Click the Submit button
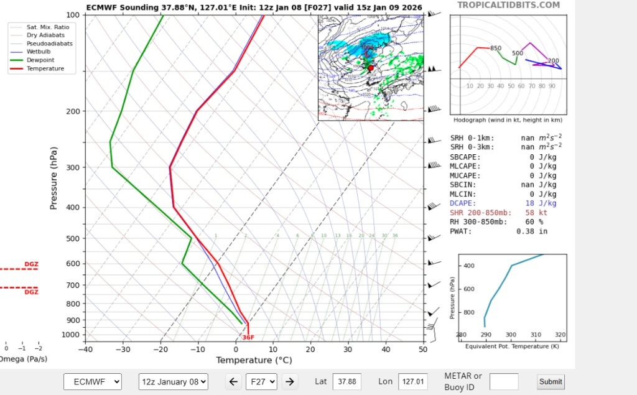point(551,381)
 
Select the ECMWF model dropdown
point(93,381)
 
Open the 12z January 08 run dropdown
point(173,381)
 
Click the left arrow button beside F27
point(233,381)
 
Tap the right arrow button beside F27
point(289,381)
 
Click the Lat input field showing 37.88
point(347,381)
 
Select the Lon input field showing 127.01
point(413,381)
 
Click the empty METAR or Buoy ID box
point(503,381)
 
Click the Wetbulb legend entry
point(39,52)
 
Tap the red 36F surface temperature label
point(248,337)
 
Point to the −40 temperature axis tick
point(85,350)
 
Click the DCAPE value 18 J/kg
point(539,203)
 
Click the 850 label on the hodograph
point(496,49)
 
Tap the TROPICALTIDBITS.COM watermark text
point(508,5)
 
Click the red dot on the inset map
point(371,68)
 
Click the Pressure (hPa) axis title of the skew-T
point(54,178)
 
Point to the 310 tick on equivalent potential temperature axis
point(536,335)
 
